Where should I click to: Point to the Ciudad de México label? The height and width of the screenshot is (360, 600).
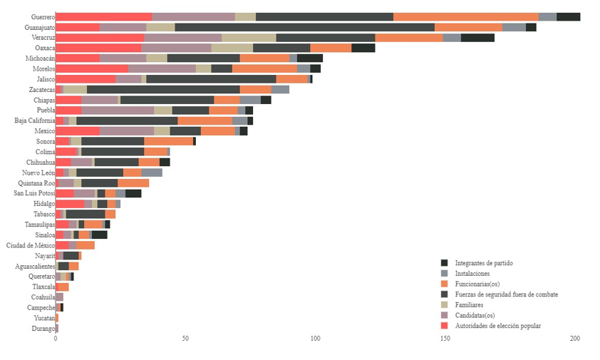(x=31, y=245)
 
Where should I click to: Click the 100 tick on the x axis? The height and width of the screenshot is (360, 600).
(x=315, y=339)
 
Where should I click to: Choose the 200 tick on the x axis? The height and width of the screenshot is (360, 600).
(x=575, y=339)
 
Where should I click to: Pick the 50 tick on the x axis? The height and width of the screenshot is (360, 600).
(x=185, y=339)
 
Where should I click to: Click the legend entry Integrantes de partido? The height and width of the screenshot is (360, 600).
(x=483, y=263)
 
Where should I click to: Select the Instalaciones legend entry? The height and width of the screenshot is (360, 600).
(x=472, y=274)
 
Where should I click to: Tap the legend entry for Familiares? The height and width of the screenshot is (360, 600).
(x=470, y=305)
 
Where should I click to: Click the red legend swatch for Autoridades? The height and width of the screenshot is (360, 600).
(x=445, y=326)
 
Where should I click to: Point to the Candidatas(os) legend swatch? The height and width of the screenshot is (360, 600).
(x=445, y=315)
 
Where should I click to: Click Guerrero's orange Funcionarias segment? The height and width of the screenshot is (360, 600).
(x=465, y=16)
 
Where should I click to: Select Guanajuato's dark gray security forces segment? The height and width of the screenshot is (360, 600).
(x=304, y=27)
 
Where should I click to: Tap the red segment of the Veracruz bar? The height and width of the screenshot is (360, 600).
(x=100, y=38)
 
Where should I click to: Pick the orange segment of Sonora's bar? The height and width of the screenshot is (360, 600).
(x=168, y=141)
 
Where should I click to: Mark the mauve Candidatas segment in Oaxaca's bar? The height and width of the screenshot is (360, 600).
(x=176, y=48)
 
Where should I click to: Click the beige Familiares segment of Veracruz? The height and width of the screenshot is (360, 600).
(x=249, y=38)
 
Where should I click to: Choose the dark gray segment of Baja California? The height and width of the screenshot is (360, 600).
(x=127, y=120)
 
